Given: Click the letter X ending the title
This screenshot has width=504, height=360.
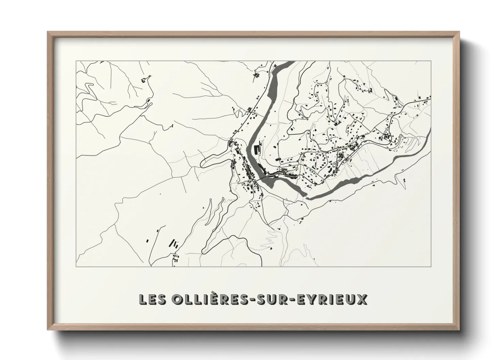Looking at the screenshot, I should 362,299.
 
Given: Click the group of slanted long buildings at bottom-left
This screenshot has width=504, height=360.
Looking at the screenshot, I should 174,243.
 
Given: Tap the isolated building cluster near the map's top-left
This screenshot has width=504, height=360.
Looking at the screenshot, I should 143,81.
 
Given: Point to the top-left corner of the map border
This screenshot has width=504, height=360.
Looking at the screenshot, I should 76,61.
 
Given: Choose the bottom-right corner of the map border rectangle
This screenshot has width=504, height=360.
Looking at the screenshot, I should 431,266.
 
